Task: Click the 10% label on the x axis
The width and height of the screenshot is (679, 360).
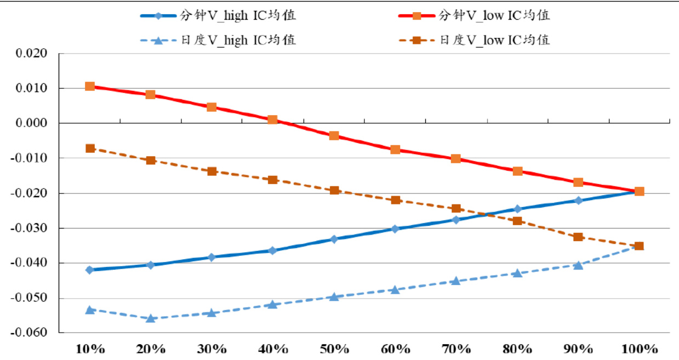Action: click(x=90, y=349)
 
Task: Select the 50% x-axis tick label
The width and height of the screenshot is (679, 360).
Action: click(x=334, y=349)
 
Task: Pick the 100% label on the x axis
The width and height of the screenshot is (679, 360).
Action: click(x=639, y=349)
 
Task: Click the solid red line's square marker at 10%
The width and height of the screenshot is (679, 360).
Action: click(x=90, y=87)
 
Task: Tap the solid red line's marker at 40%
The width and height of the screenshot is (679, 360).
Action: click(x=273, y=120)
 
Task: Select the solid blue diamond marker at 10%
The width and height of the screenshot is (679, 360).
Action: click(x=90, y=270)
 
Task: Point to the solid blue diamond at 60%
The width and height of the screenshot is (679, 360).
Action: click(x=395, y=228)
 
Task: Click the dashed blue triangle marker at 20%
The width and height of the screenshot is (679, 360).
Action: click(x=151, y=318)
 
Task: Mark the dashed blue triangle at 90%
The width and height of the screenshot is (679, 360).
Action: click(x=578, y=265)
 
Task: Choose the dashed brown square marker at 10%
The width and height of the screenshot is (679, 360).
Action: click(x=90, y=148)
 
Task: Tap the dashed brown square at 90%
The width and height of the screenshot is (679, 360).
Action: click(x=578, y=237)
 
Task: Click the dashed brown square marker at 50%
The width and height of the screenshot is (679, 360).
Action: click(x=334, y=190)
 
